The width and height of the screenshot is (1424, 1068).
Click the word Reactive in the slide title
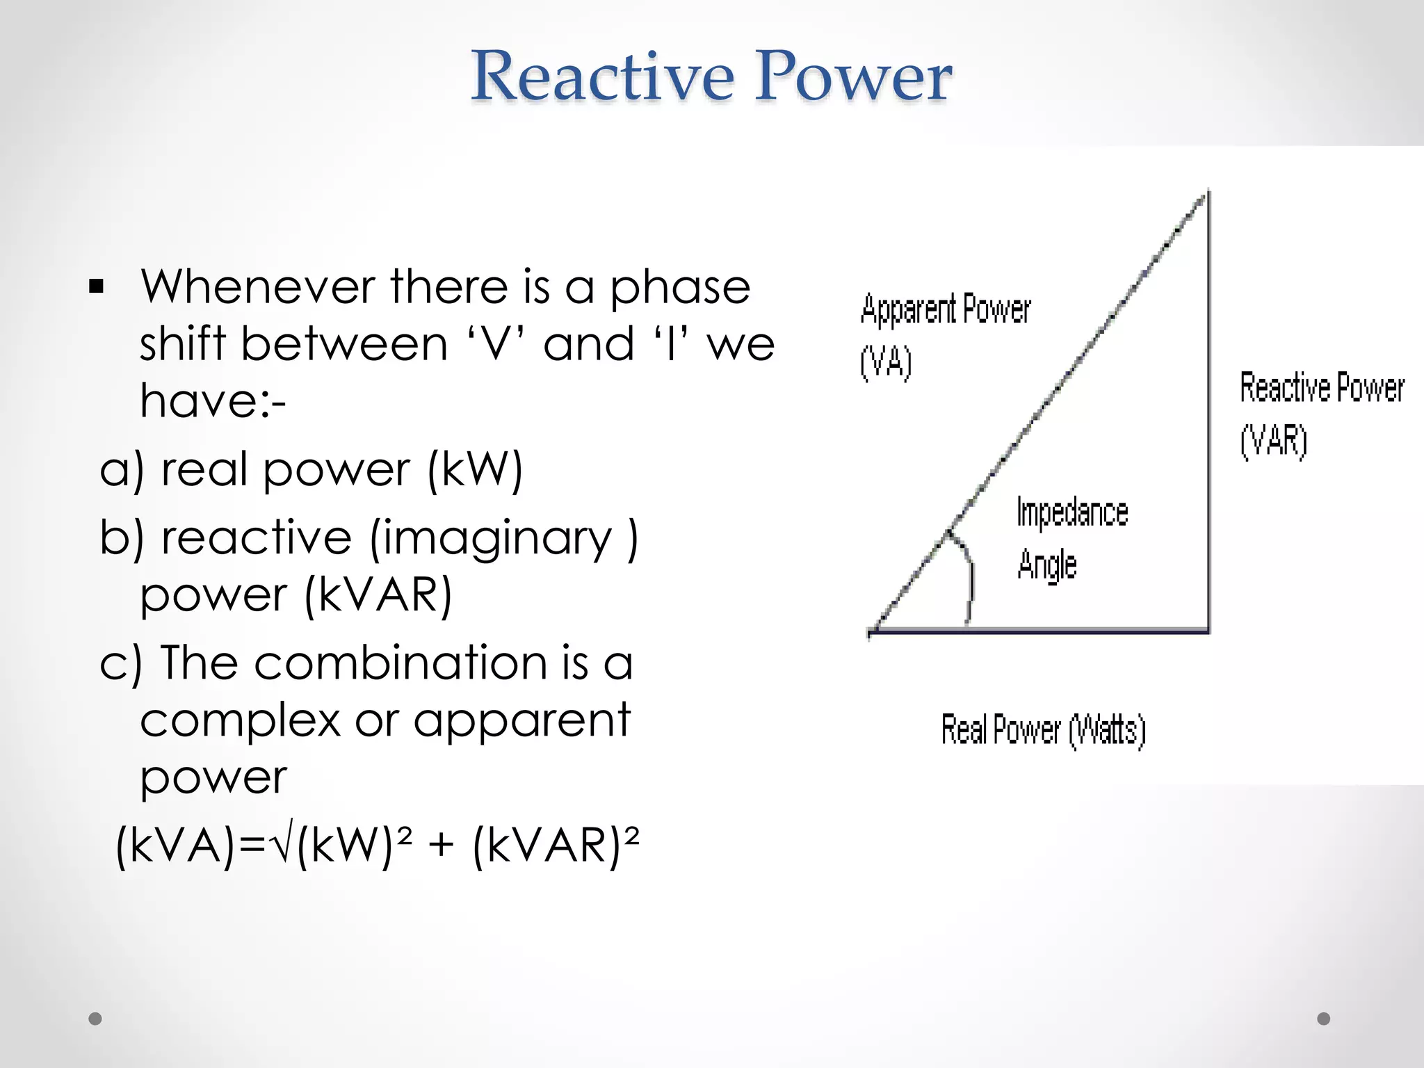(x=602, y=76)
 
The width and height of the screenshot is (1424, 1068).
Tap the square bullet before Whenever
(x=96, y=286)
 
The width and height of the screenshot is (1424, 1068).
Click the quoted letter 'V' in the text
(x=494, y=343)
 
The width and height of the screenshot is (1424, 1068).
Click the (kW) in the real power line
(x=475, y=470)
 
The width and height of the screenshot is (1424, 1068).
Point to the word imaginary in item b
(x=491, y=540)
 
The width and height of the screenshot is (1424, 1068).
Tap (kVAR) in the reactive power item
(x=379, y=595)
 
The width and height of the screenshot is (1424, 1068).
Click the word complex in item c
(x=240, y=721)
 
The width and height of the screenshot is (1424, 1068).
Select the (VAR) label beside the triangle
(x=1274, y=440)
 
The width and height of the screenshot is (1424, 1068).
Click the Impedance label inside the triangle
(x=1071, y=512)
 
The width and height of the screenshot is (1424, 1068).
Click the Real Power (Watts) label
(x=1043, y=730)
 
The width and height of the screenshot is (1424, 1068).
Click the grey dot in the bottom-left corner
(x=95, y=1019)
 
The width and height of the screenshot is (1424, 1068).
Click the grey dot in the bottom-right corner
(x=1324, y=1019)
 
